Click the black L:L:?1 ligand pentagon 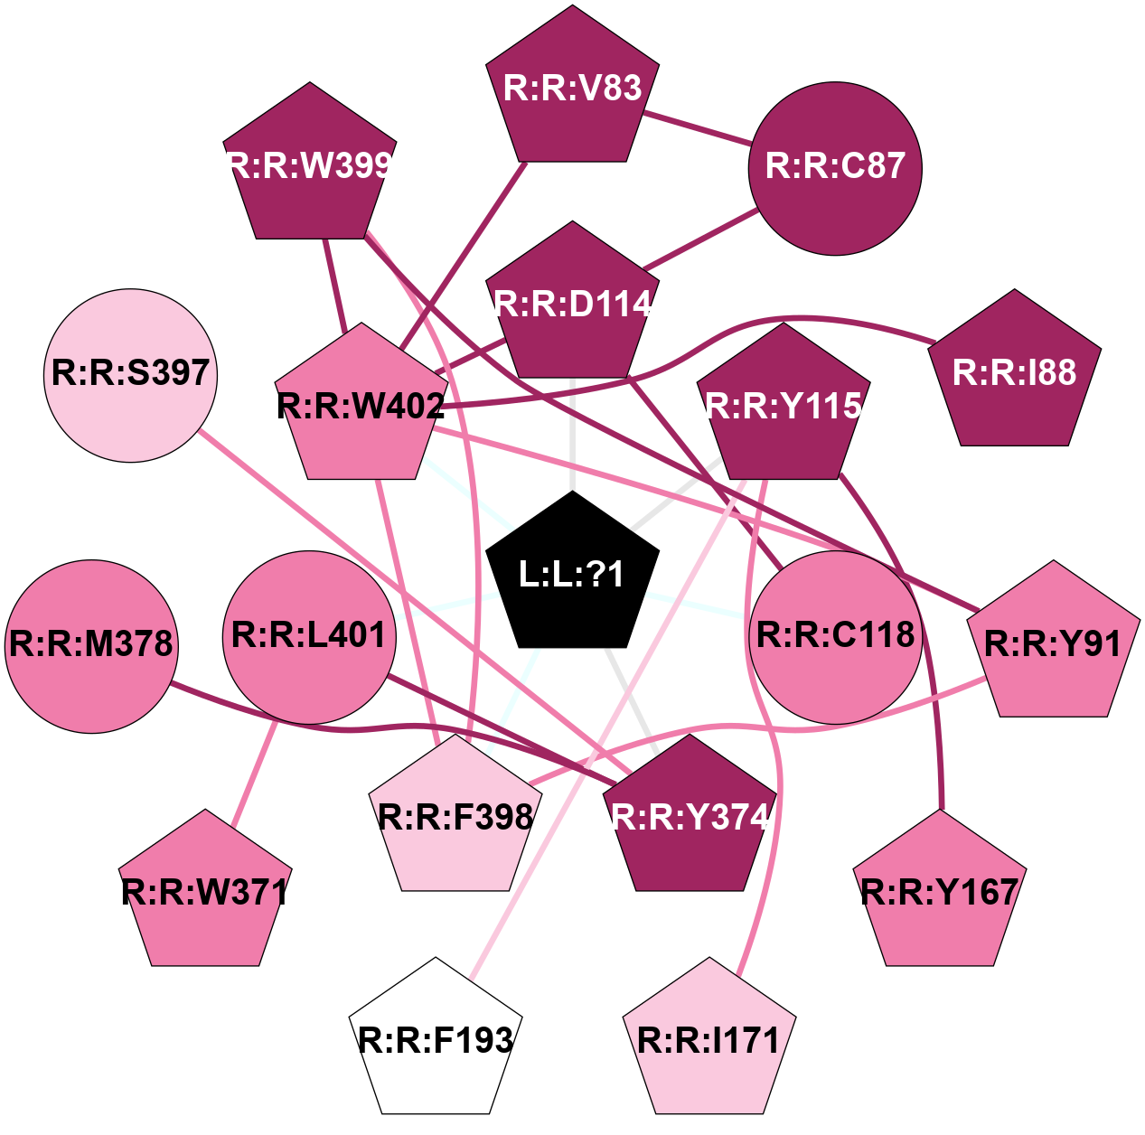(572, 574)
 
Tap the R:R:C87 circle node (835, 168)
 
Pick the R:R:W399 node (310, 166)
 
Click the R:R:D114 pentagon (572, 305)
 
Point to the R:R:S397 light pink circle (131, 375)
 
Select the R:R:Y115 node (784, 407)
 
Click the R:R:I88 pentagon (1015, 372)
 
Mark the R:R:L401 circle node (309, 637)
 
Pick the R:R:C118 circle (835, 637)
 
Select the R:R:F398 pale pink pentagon (455, 818)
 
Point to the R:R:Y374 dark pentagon (690, 818)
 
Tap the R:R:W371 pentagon (205, 893)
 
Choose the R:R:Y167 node (940, 893)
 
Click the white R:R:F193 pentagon (436, 1041)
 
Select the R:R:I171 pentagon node (709, 1041)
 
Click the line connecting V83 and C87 (697, 127)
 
